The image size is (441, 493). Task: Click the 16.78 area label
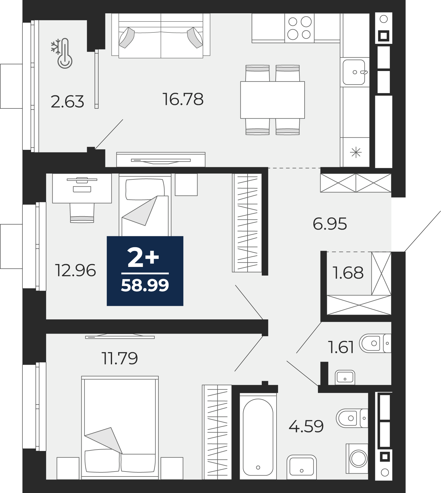(x=183, y=99)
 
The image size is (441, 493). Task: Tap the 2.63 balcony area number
(x=67, y=101)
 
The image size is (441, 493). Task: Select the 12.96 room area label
(x=75, y=270)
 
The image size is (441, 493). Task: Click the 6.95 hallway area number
(x=330, y=224)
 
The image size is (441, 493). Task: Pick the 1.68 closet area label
(x=348, y=272)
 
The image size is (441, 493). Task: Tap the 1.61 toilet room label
(x=341, y=347)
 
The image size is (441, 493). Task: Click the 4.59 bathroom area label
(x=306, y=426)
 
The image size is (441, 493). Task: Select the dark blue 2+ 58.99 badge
(x=145, y=271)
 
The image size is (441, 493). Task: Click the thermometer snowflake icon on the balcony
(x=62, y=53)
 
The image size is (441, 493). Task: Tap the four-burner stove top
(x=299, y=28)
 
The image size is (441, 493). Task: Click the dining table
(x=272, y=100)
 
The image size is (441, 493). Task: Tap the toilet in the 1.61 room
(x=375, y=343)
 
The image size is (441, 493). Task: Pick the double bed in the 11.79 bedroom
(x=120, y=427)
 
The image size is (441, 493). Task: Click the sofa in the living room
(x=161, y=35)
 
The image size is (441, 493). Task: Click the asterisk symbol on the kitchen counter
(x=356, y=152)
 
